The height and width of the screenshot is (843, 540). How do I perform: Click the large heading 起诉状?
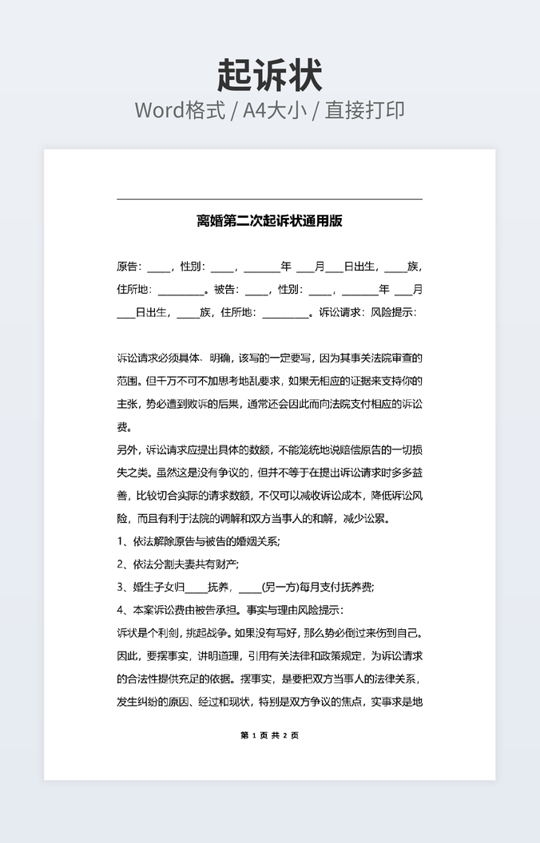(x=270, y=77)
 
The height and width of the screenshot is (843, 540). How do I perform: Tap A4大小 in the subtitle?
(x=276, y=110)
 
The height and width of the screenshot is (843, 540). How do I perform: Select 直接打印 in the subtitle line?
(x=368, y=110)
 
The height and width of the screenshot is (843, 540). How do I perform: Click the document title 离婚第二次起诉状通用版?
(x=269, y=221)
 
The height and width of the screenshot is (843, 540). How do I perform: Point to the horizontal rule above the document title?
(x=269, y=199)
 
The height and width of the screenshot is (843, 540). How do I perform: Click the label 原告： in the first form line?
(x=129, y=267)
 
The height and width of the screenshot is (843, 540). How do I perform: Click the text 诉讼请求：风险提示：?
(x=367, y=312)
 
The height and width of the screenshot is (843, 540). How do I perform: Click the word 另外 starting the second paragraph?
(x=127, y=450)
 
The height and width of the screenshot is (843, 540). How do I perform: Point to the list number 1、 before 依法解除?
(x=123, y=542)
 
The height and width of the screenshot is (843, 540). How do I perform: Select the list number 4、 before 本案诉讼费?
(x=123, y=611)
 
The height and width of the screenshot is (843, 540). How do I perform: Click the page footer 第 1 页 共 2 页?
(x=269, y=735)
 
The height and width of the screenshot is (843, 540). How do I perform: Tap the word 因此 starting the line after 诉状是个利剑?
(x=127, y=657)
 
